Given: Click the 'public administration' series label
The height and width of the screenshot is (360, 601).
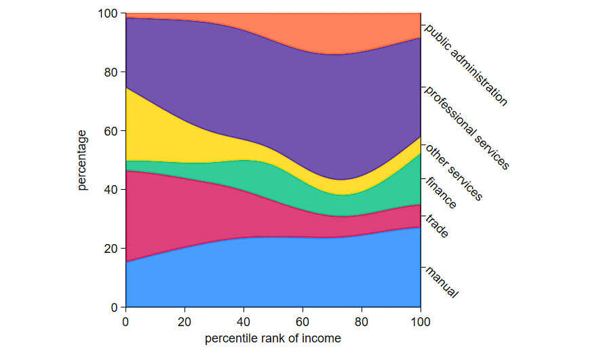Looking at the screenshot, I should click(x=466, y=65).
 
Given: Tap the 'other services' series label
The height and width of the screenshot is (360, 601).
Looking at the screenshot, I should click(x=454, y=173).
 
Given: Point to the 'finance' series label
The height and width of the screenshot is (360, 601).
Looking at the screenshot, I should click(x=441, y=193).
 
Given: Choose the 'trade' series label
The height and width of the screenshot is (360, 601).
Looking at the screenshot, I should click(x=437, y=226).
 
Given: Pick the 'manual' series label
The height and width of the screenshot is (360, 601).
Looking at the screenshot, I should click(x=442, y=283).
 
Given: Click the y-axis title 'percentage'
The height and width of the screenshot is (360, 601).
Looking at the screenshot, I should click(x=82, y=160).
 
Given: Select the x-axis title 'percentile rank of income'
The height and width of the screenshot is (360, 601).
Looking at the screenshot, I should click(x=273, y=338).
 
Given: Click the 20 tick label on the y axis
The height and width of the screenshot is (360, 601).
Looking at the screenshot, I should click(x=111, y=249).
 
